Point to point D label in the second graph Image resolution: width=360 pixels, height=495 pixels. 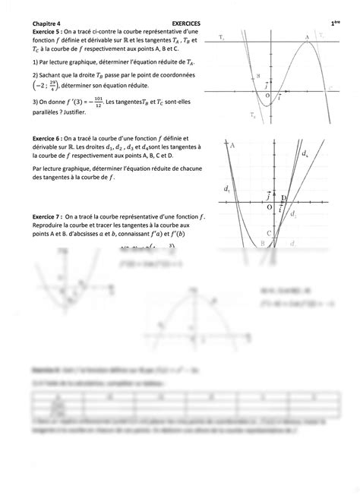[283, 199]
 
